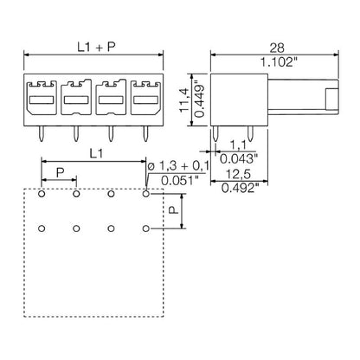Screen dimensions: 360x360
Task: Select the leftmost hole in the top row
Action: [42, 195]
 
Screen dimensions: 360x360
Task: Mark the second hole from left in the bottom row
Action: [76, 228]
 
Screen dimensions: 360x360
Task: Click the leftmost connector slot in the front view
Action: [42, 102]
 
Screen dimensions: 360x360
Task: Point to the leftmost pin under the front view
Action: [41, 132]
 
